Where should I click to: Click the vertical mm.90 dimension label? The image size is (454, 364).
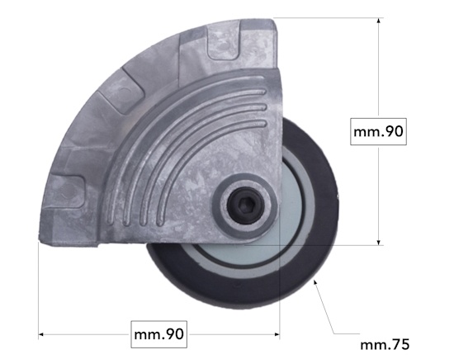(378, 132)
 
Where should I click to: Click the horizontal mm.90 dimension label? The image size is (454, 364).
(159, 334)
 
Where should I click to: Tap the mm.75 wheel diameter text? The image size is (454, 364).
(385, 345)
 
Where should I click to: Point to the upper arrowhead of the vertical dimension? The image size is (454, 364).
(378, 21)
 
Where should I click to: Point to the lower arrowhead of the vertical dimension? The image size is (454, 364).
(378, 242)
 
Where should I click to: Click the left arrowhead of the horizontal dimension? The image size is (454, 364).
(41, 334)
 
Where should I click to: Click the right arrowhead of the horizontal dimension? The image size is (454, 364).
(277, 334)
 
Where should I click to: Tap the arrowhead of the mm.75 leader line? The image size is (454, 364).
(315, 281)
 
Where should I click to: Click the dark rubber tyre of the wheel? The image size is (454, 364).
(324, 232)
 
